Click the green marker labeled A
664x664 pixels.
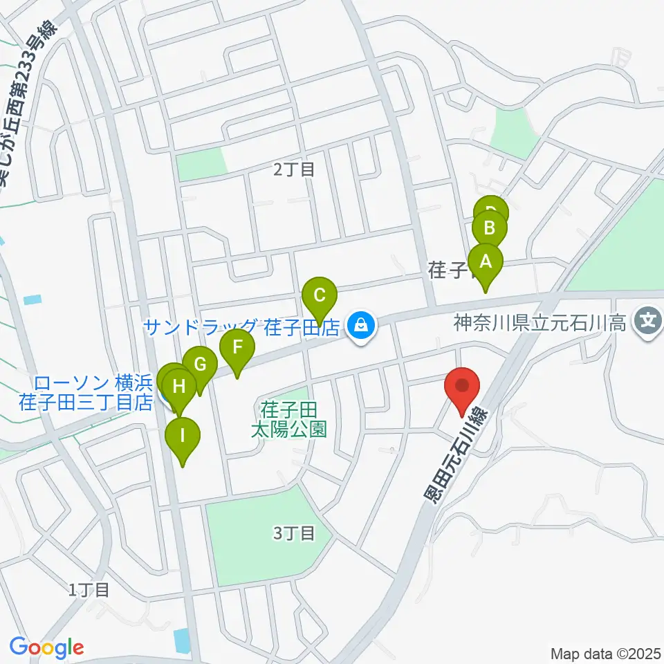(x=486, y=262)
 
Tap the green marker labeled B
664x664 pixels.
(x=489, y=228)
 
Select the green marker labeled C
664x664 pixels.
(x=320, y=296)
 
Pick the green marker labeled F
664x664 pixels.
(x=237, y=345)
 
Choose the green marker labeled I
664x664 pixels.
(x=183, y=436)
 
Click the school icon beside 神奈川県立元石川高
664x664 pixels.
(x=648, y=322)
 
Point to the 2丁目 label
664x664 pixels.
(x=294, y=169)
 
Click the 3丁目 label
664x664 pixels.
(x=294, y=533)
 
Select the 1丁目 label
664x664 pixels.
(x=89, y=590)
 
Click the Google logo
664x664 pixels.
(x=46, y=648)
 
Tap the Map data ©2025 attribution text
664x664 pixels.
(x=606, y=653)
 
